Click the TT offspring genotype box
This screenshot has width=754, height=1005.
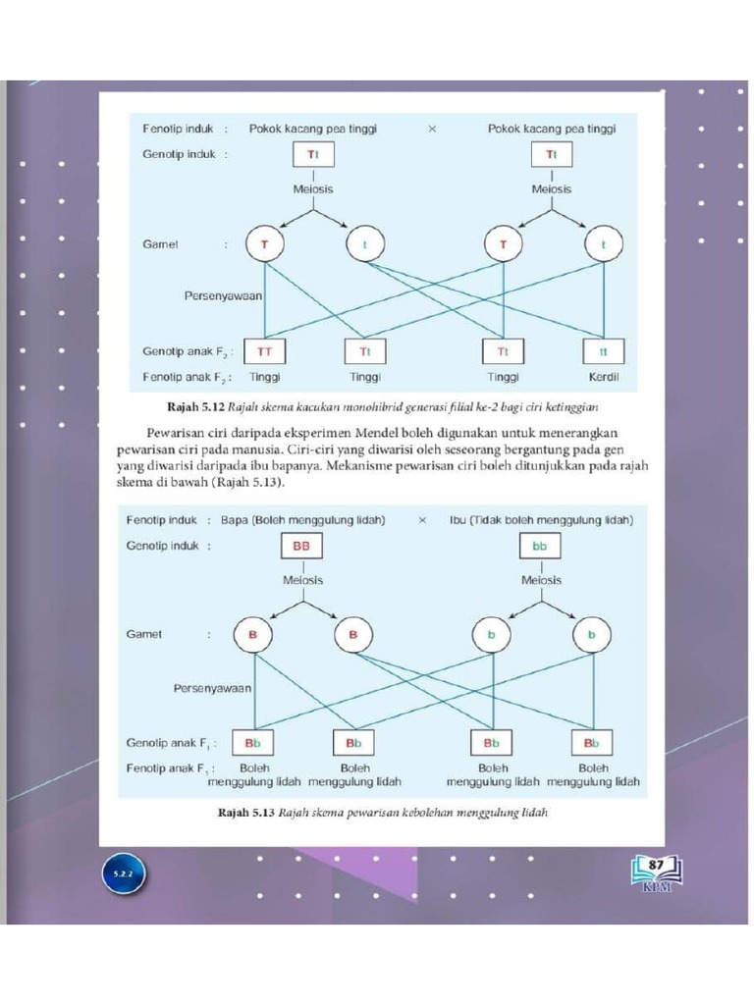click(265, 350)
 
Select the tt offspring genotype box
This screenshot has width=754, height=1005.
click(603, 350)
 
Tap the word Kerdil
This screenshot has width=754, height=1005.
click(603, 376)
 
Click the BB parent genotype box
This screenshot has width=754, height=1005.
click(302, 547)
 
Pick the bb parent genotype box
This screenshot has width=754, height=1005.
click(540, 547)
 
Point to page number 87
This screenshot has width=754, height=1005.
click(656, 863)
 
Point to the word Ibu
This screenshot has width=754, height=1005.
click(458, 519)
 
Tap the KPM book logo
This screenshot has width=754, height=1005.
click(656, 873)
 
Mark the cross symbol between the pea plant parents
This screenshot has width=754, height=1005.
click(432, 129)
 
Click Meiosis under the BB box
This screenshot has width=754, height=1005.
click(303, 580)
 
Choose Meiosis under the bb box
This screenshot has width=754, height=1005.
click(542, 580)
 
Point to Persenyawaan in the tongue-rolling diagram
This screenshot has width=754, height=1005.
click(212, 688)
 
